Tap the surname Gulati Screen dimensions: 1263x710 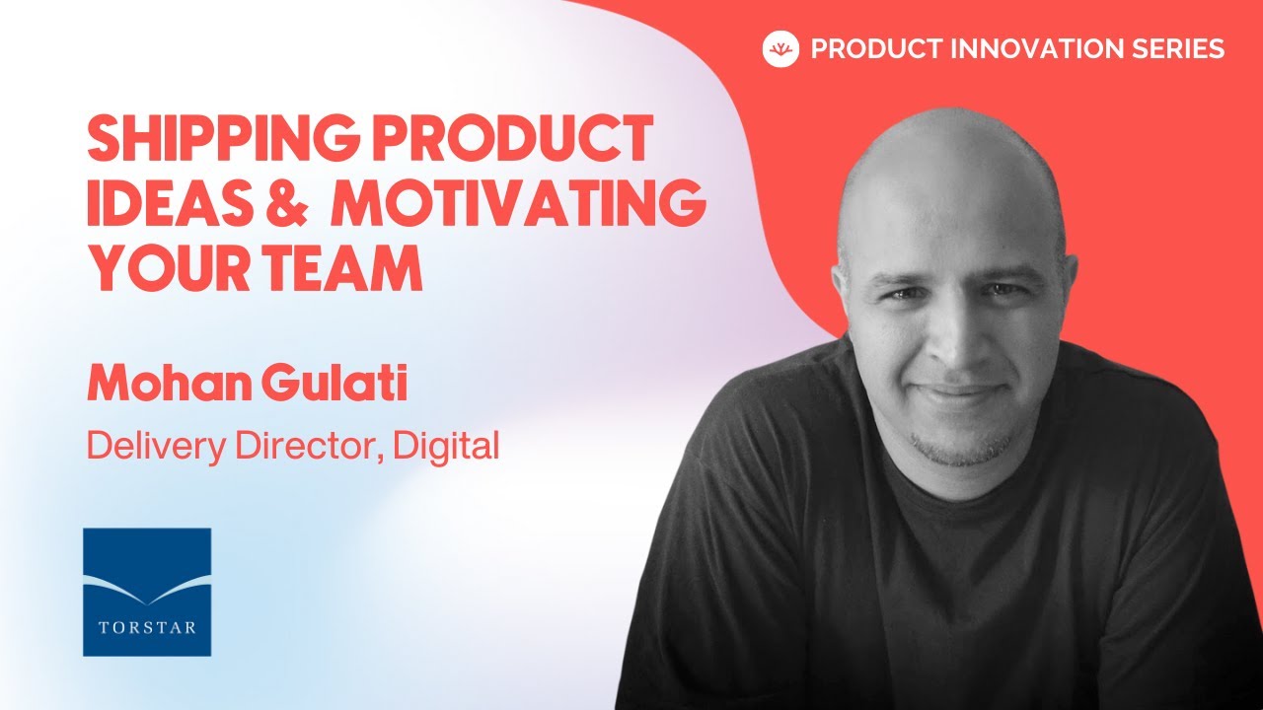(x=336, y=385)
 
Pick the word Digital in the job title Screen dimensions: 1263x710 (x=445, y=447)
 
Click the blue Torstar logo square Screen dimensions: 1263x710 (x=147, y=592)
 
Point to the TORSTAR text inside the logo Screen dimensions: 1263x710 (x=147, y=627)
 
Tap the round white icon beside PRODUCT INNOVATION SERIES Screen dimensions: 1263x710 (x=780, y=49)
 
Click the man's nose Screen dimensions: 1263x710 (x=953, y=338)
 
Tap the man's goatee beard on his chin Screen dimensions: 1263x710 (x=961, y=448)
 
